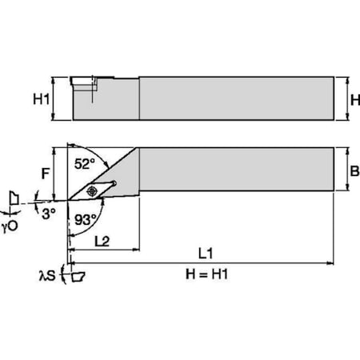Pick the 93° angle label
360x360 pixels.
click(x=87, y=218)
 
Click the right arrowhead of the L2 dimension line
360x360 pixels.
click(x=135, y=248)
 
